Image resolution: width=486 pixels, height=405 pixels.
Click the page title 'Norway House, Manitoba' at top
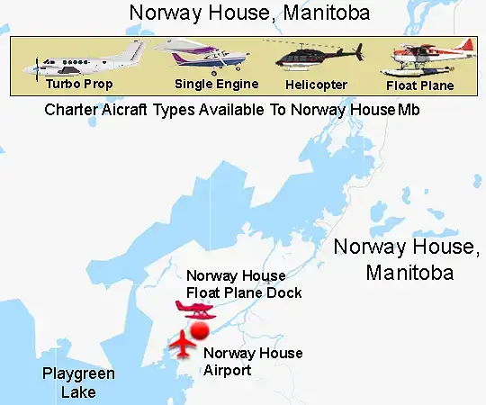(x=249, y=13)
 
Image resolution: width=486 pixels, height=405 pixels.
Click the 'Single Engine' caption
(x=217, y=84)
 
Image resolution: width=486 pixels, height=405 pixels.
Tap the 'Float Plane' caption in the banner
(x=419, y=86)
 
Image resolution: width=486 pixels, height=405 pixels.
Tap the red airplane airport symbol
(x=183, y=343)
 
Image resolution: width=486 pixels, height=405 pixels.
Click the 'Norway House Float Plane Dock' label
(x=243, y=284)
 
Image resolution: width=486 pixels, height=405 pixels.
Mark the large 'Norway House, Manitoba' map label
(x=404, y=259)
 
